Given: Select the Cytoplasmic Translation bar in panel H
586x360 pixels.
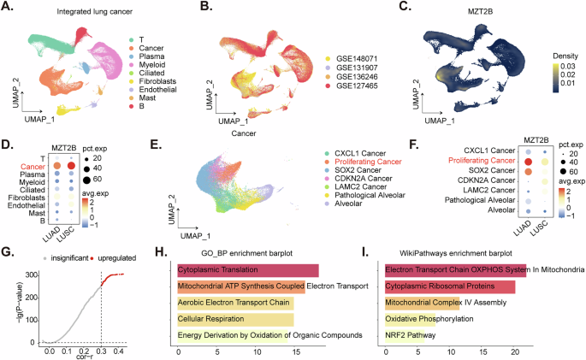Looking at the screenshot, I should [247, 271].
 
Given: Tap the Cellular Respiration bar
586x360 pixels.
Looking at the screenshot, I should [235, 321].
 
